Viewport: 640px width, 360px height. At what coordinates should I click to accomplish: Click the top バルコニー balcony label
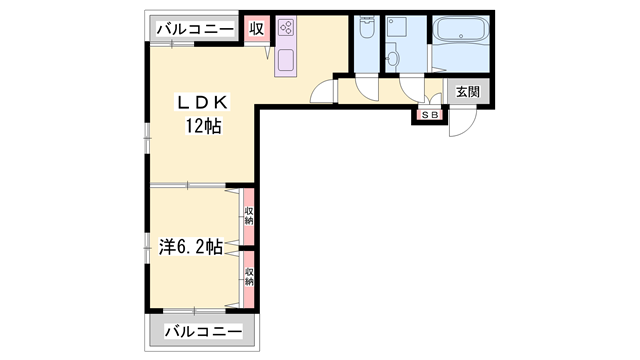point(194,27)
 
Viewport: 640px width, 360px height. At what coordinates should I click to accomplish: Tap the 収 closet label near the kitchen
point(257,27)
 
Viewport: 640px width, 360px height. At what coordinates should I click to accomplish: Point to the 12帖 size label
point(204,125)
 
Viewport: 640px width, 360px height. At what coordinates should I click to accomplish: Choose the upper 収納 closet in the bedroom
point(249,215)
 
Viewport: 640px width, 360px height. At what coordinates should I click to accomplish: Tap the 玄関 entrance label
point(467,92)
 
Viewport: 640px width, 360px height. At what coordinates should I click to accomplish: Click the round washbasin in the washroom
point(393,59)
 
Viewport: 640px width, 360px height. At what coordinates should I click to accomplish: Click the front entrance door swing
point(462,121)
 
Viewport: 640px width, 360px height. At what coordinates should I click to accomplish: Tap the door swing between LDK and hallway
point(324,90)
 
